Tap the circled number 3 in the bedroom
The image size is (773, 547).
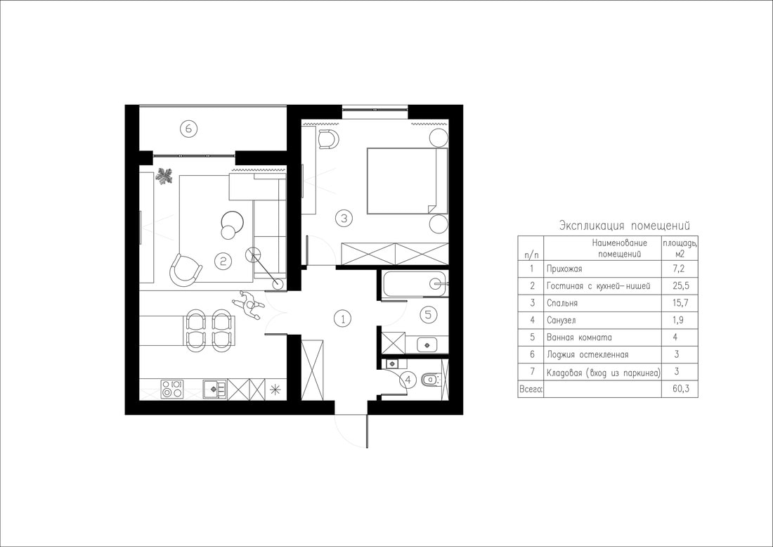click(344, 217)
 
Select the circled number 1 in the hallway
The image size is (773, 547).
click(343, 318)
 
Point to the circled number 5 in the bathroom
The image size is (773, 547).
click(428, 314)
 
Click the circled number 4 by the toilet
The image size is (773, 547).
click(407, 380)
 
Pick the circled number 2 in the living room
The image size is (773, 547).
click(223, 260)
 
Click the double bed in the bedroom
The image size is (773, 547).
click(407, 181)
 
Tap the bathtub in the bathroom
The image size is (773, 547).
click(415, 283)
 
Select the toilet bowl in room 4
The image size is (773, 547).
click(431, 380)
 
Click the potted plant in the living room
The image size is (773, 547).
click(164, 176)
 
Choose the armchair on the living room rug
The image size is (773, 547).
click(186, 270)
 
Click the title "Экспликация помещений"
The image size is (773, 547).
click(625, 226)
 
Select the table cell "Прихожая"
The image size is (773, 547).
click(564, 269)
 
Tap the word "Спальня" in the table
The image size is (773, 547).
click(562, 303)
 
